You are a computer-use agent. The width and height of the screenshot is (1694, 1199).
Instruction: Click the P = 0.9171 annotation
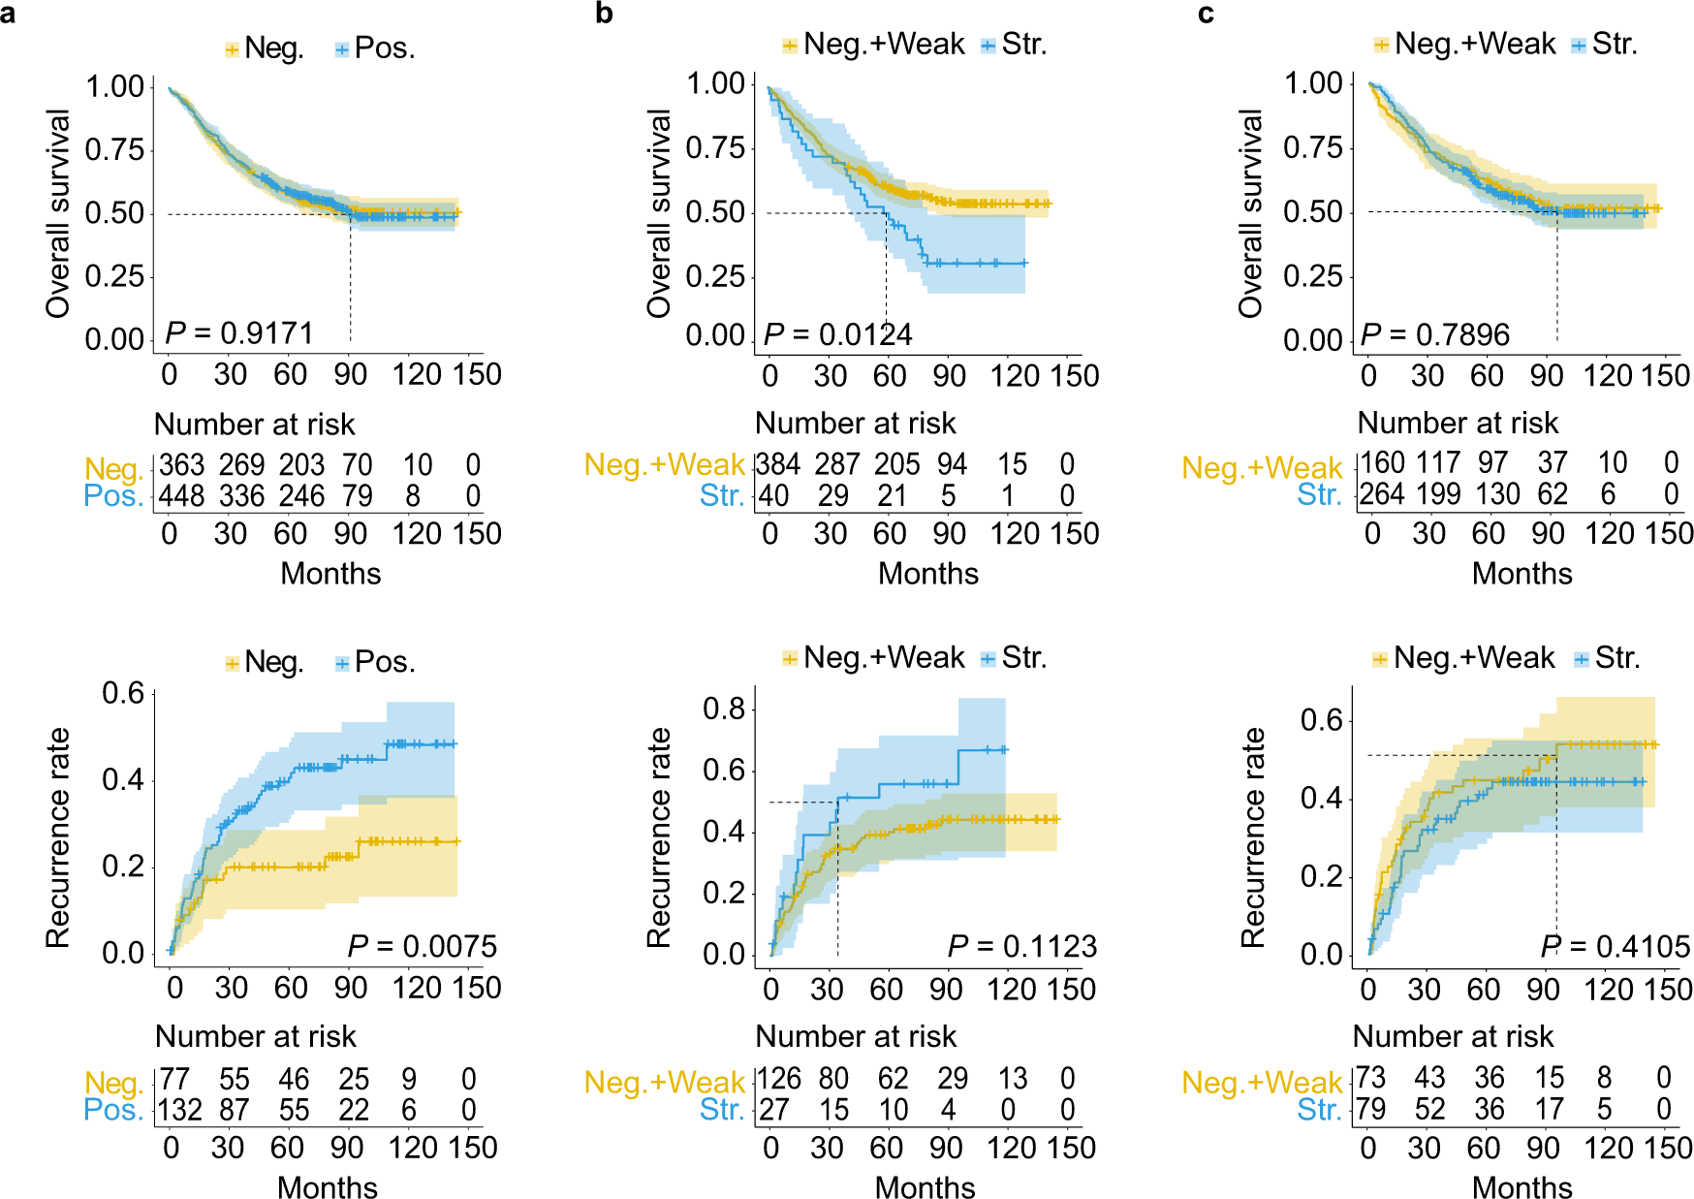(239, 333)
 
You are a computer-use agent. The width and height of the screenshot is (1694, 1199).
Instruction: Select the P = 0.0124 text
(837, 334)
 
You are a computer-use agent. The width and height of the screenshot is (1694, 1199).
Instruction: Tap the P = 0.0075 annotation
(422, 946)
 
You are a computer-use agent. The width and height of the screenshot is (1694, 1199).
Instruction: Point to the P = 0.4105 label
(1615, 946)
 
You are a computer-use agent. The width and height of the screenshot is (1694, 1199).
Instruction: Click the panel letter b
(604, 14)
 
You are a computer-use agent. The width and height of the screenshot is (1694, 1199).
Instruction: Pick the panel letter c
(1206, 14)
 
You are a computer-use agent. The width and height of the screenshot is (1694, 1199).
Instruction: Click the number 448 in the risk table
(181, 496)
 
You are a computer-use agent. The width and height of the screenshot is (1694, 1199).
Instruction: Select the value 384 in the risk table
(778, 464)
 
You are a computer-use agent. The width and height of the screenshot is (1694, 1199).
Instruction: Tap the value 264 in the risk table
(1381, 494)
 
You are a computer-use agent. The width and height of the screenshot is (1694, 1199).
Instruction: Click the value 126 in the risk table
(778, 1079)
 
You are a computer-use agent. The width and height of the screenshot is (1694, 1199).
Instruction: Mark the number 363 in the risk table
(181, 465)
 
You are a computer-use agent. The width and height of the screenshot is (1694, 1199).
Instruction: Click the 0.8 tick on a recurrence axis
(723, 709)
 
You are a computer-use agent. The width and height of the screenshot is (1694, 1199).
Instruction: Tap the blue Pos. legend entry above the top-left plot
(374, 48)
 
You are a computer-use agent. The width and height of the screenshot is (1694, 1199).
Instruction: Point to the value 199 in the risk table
(1438, 494)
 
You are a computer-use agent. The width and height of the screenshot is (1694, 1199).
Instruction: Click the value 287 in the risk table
(836, 464)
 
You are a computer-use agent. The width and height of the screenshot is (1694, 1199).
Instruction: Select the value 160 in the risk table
(1381, 463)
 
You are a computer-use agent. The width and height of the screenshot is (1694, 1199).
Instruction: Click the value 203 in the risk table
(301, 465)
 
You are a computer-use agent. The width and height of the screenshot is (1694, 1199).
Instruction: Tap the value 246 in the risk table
(301, 496)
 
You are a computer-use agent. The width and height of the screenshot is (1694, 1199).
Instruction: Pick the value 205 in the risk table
(897, 464)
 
